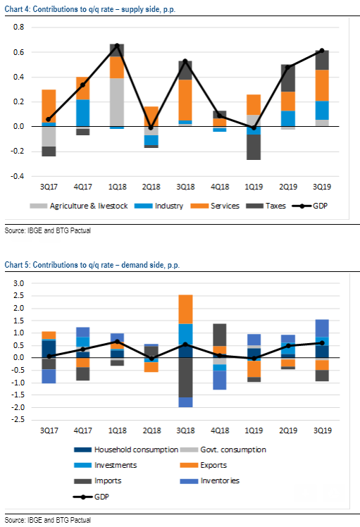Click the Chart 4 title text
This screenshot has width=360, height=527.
coord(90,9)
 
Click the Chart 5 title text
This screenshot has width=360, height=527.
coord(92,265)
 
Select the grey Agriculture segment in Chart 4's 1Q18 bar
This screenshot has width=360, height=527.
coord(117,102)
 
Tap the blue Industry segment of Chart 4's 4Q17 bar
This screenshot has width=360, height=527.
coord(82,113)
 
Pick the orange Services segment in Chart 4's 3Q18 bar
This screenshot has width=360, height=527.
coord(185,100)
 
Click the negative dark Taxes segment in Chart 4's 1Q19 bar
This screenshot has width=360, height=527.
coord(254,147)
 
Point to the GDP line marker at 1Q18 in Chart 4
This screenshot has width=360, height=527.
coord(117,45)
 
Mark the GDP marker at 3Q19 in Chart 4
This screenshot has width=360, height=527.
coord(322,51)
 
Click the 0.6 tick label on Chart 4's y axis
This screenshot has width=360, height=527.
coord(19,52)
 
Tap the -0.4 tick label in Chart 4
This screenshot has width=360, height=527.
coord(18,176)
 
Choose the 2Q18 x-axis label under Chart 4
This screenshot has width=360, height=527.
coord(151,187)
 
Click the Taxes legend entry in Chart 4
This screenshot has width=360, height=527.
coord(266,206)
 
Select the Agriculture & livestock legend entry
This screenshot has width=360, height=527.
coord(79,206)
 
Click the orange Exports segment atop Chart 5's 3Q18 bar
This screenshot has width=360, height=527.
coord(185,309)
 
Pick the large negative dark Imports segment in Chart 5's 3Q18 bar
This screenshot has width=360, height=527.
coord(185,378)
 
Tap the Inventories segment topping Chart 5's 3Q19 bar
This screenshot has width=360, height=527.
coord(322,328)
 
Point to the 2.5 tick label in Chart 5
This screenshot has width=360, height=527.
coord(19,296)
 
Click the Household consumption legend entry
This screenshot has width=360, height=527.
coord(126,449)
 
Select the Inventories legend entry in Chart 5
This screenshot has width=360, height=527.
coord(210,481)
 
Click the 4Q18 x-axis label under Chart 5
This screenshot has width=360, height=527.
coord(220,430)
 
